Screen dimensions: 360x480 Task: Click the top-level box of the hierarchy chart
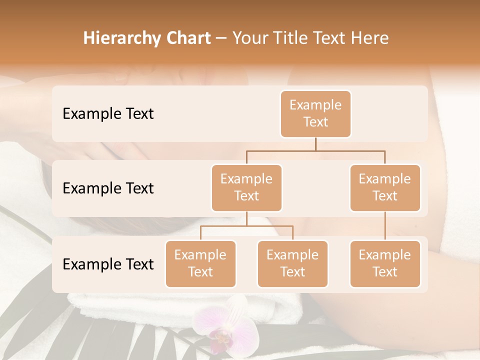pos(315,113)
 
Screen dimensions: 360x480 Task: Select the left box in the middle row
pos(246,187)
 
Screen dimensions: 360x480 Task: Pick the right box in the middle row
pos(385,187)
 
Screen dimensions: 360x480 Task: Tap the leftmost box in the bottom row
pos(200,263)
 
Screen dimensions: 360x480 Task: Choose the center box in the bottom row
pos(292,263)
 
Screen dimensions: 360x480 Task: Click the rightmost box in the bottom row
pos(385,263)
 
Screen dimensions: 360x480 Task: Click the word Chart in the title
pos(186,38)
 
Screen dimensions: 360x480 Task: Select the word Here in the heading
pos(370,38)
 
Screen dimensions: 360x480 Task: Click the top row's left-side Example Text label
pos(108,114)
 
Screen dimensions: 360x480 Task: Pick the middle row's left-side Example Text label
pos(108,188)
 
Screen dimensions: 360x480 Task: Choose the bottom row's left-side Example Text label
pos(108,264)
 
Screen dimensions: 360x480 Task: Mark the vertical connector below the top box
pos(315,144)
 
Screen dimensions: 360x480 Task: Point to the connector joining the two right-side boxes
pos(385,226)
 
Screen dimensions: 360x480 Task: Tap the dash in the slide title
pos(221,38)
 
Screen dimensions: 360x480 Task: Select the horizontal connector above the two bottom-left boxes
pos(246,226)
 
